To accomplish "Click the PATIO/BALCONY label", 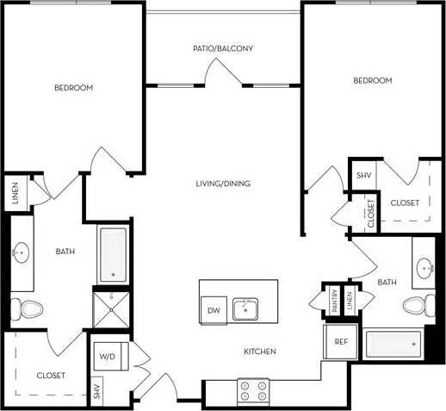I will point(222,48).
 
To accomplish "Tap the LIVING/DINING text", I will point(222,184).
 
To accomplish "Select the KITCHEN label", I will point(259,352).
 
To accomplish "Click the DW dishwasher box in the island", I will point(212,310).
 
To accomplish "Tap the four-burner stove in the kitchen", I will point(252,390).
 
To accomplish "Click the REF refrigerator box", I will point(340,342).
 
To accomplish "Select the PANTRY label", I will point(333,302).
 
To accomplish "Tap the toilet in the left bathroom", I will point(30,308).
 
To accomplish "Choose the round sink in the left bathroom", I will point(22,252).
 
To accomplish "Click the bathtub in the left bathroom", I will point(112,254).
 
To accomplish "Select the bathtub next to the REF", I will point(393,344).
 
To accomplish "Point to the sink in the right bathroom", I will point(424,268).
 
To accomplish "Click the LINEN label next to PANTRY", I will point(350,302).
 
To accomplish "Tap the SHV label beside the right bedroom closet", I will point(363,175).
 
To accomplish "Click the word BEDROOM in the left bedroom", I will point(73,88).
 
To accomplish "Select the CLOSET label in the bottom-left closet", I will point(51,376).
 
